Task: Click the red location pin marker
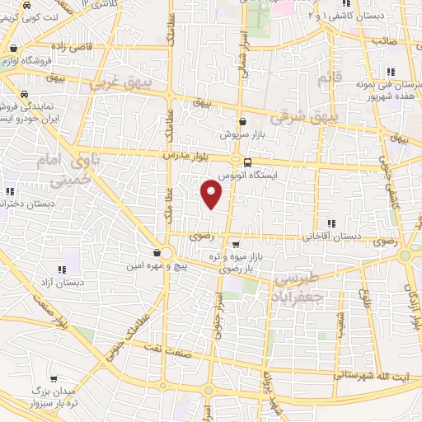pyautogui.click(x=212, y=194)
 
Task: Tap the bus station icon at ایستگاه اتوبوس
pyautogui.click(x=237, y=161)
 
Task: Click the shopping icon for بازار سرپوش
pyautogui.click(x=241, y=121)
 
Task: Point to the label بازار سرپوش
pyautogui.click(x=238, y=134)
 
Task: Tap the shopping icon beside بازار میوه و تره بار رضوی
pyautogui.click(x=237, y=244)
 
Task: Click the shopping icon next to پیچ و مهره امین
pyautogui.click(x=157, y=252)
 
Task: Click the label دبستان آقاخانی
pyautogui.click(x=331, y=236)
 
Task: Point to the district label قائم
pyautogui.click(x=323, y=78)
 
